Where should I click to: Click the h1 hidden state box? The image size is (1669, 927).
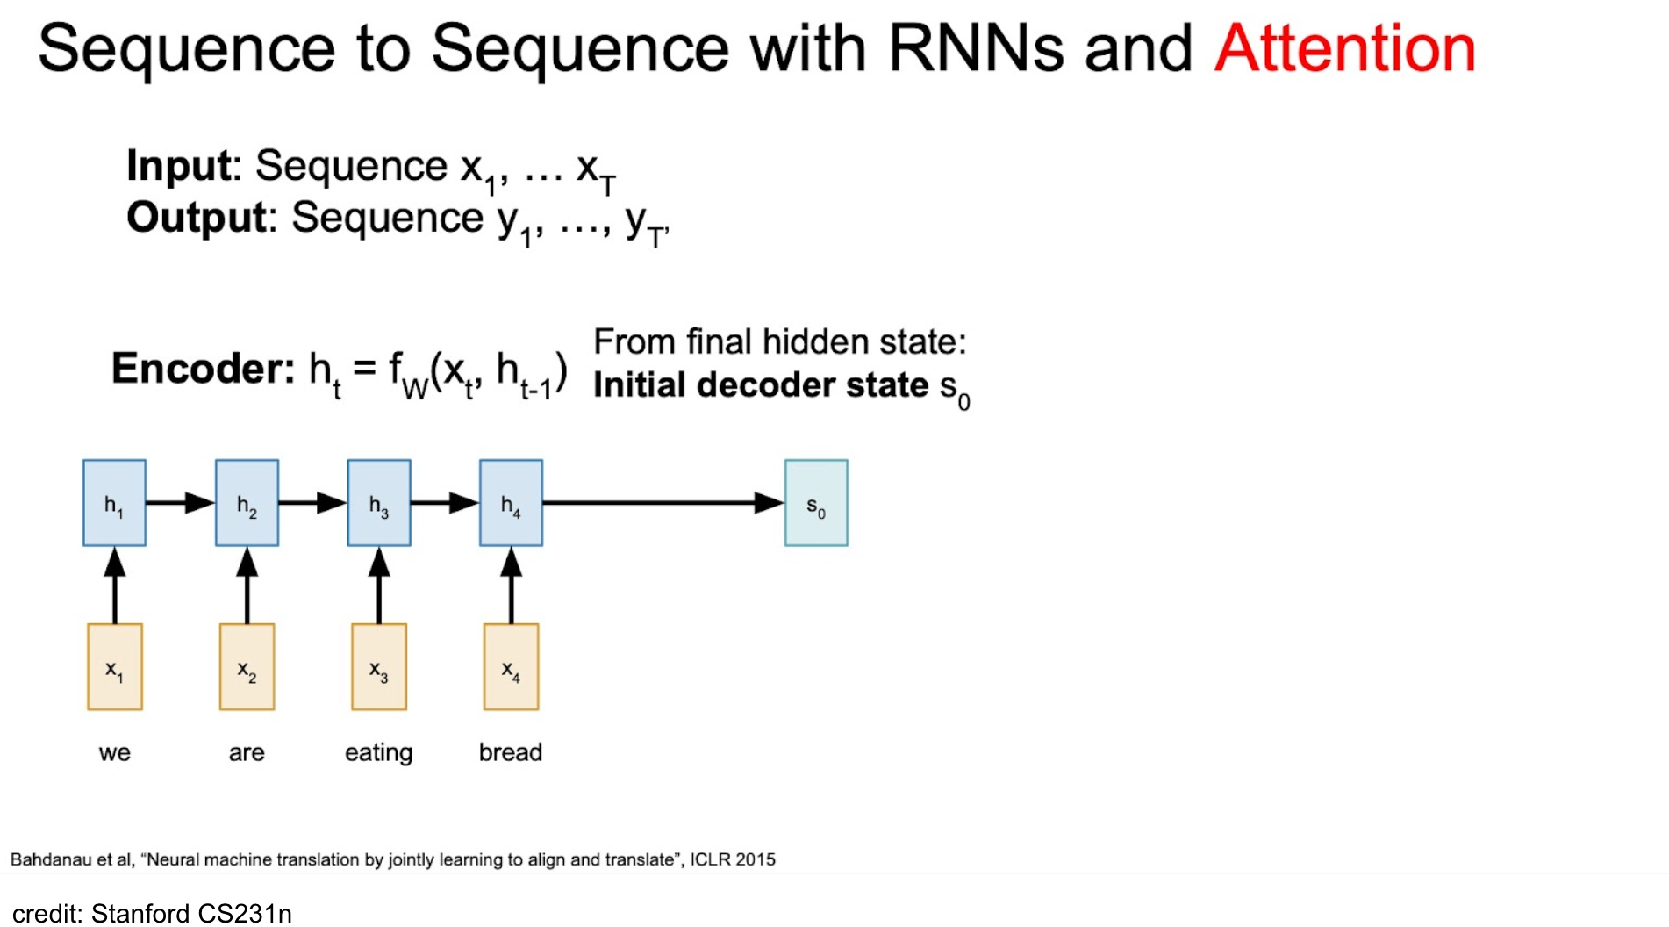tap(114, 503)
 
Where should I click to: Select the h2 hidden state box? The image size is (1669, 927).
tap(247, 503)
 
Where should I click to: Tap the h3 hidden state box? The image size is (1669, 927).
tap(379, 503)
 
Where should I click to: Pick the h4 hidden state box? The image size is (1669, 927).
tap(511, 503)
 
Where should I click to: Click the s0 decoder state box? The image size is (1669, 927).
tap(816, 503)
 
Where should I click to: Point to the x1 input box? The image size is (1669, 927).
tap(115, 667)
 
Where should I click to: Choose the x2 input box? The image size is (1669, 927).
tap(247, 667)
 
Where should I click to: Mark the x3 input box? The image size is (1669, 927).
tap(379, 667)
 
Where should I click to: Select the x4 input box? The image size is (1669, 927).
tap(512, 667)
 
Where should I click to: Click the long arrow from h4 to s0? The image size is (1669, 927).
tap(663, 503)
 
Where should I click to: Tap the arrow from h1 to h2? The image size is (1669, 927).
tap(181, 503)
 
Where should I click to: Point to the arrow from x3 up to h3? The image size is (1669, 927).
tap(379, 586)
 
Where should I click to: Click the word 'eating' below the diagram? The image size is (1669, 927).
tap(378, 753)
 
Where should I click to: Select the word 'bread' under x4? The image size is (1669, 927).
tap(511, 752)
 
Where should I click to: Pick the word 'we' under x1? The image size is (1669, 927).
tap(115, 753)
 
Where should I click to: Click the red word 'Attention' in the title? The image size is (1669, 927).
tap(1345, 48)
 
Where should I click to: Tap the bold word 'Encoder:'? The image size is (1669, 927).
tap(204, 369)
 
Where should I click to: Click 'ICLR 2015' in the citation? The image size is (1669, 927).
tap(733, 859)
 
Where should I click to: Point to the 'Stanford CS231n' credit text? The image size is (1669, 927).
tap(191, 914)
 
